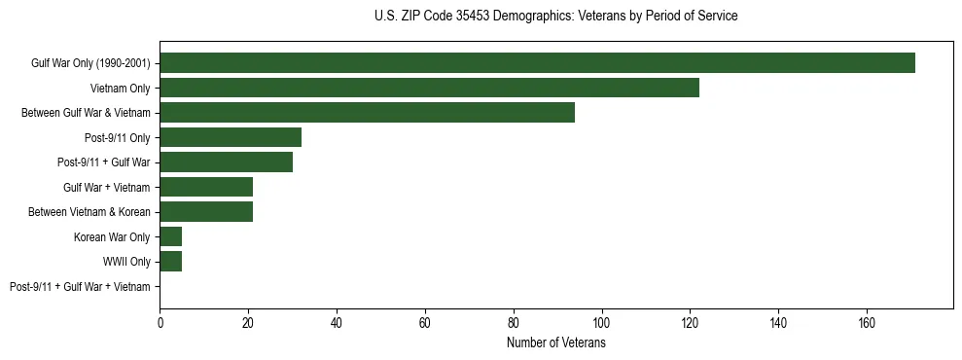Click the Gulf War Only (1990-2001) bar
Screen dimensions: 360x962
537,63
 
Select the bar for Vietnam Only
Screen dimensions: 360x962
429,88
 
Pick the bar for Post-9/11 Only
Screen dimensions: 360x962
231,137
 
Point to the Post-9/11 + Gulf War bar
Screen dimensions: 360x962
226,162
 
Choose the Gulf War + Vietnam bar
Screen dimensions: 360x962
206,187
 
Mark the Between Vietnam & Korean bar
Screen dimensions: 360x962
206,212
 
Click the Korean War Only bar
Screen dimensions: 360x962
171,236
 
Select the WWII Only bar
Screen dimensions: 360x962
171,262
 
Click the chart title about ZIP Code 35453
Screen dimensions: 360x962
555,17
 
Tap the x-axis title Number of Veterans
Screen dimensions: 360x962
555,343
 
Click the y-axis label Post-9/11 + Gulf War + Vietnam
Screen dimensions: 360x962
80,287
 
